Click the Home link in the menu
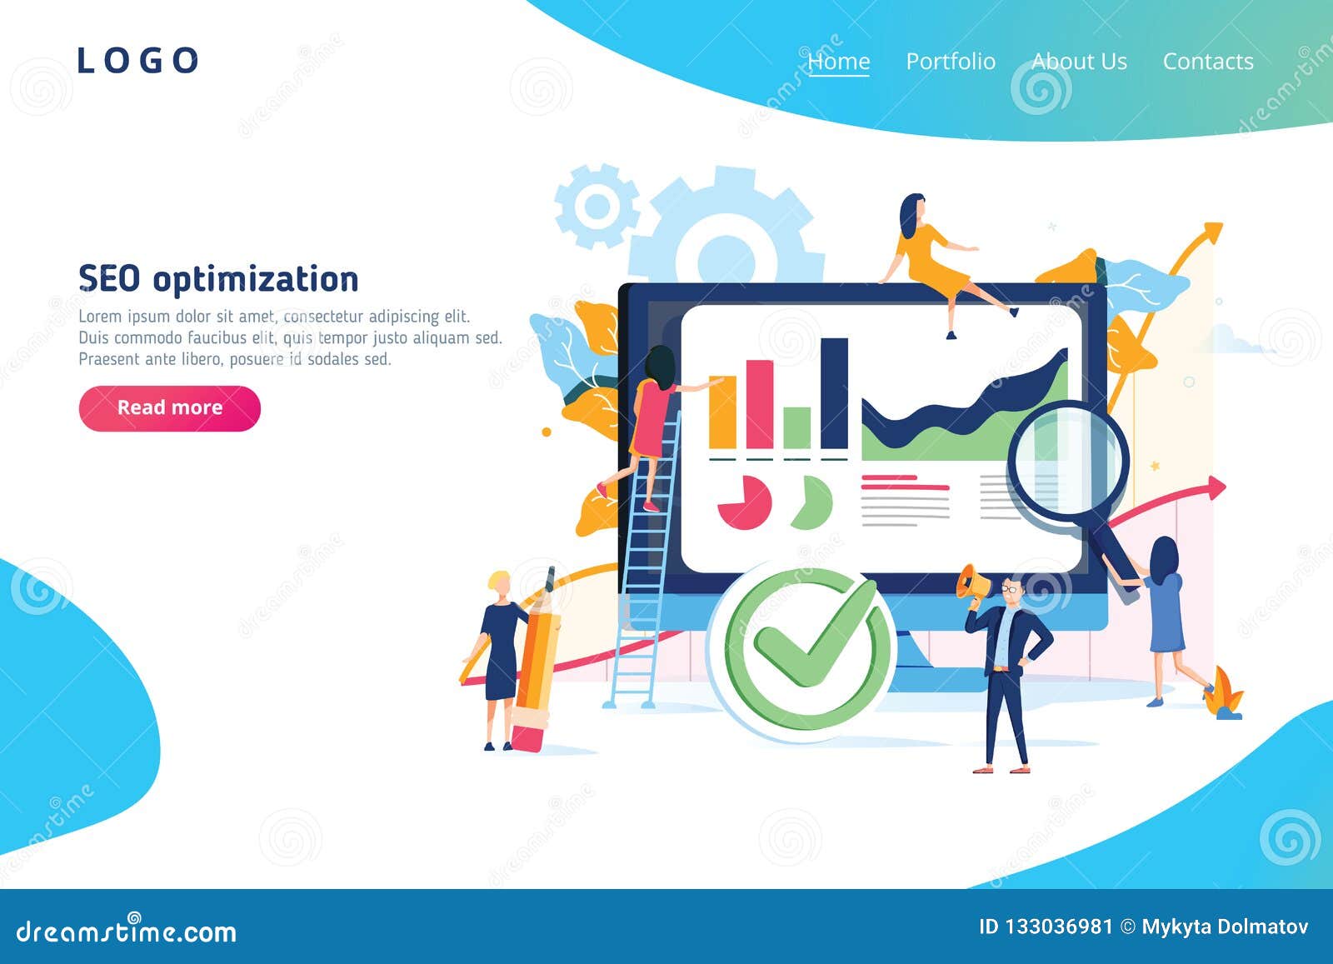[x=838, y=62]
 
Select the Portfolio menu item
[x=951, y=62]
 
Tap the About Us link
[x=1079, y=62]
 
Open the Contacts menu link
[x=1208, y=62]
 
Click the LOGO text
[x=138, y=61]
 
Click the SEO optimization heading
[x=218, y=278]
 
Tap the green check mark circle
[x=801, y=651]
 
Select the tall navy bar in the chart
[x=834, y=393]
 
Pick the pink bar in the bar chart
[x=760, y=404]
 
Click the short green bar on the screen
[x=796, y=427]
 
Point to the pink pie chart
[x=745, y=502]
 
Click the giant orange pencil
[x=537, y=661]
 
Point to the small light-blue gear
[x=597, y=206]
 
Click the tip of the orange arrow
[x=1222, y=224]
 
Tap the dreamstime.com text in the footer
[x=126, y=932]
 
